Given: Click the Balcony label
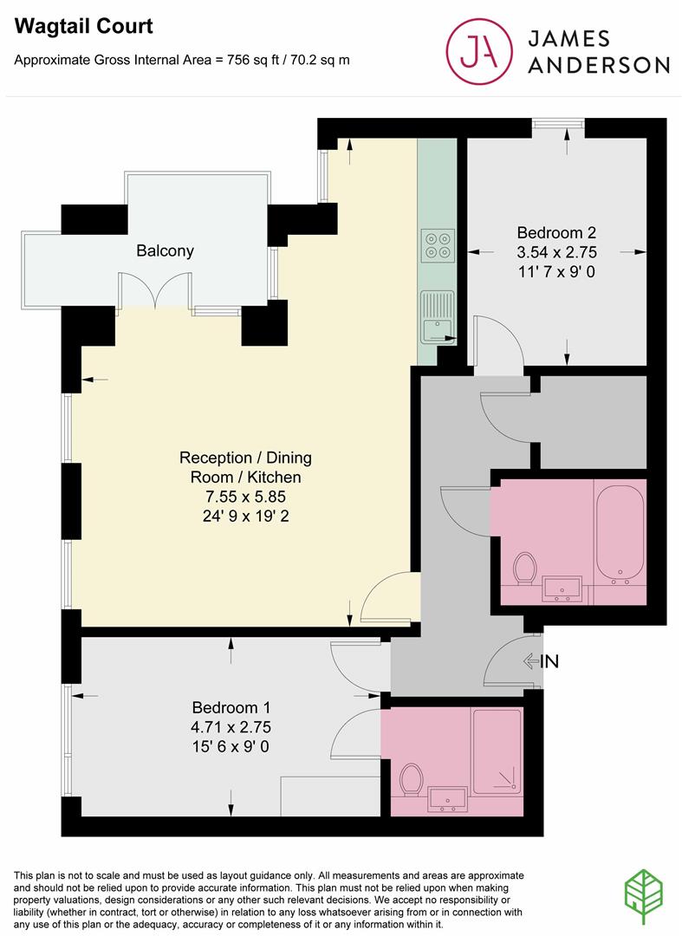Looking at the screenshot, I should click(x=165, y=251).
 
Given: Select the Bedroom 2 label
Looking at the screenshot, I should click(x=556, y=232).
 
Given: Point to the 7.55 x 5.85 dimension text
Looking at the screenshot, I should click(x=245, y=497).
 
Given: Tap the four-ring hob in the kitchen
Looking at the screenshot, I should click(x=436, y=244).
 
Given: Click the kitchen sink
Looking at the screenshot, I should click(x=437, y=316).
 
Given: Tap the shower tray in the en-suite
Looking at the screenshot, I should click(x=497, y=751).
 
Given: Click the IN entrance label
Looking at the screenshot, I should click(x=549, y=662).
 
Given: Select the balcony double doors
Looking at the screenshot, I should click(x=154, y=291).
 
